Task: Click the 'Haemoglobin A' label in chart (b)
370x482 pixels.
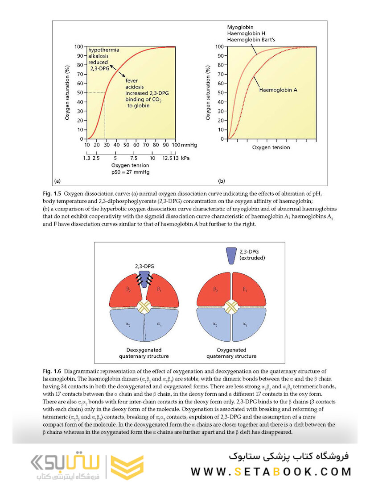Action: click(278, 90)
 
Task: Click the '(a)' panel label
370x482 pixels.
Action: click(57, 181)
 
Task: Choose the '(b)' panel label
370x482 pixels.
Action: click(222, 181)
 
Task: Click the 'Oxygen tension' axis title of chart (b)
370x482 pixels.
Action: click(271, 147)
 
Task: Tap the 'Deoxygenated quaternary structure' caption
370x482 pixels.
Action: click(144, 353)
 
